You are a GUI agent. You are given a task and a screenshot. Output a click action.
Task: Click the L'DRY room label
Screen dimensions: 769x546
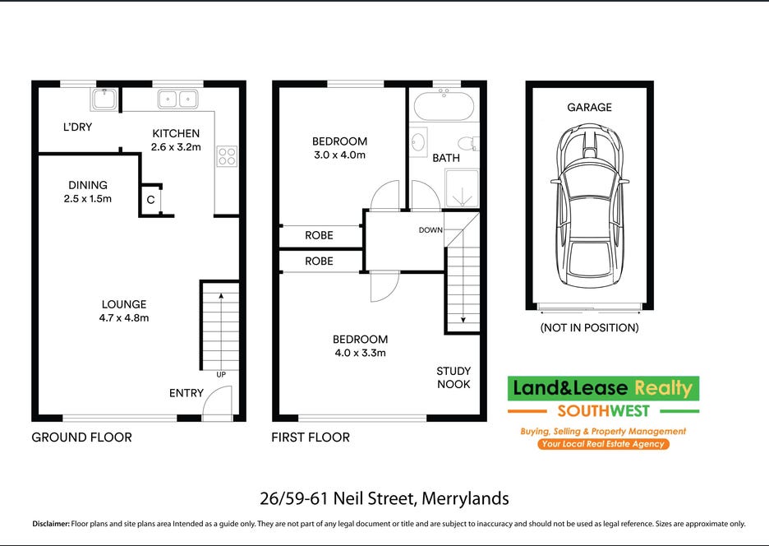77,127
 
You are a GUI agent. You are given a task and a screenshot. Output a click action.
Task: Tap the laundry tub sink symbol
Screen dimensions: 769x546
104,99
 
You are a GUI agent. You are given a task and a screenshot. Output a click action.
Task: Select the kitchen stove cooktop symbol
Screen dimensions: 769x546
227,156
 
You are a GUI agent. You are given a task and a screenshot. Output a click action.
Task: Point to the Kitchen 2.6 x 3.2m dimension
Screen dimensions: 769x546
176,147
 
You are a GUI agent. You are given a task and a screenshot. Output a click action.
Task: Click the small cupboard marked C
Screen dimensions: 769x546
151,200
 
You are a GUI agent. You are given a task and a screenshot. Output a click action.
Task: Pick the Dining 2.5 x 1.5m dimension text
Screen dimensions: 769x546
88,199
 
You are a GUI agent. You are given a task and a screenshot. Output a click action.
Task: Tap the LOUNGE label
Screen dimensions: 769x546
124,304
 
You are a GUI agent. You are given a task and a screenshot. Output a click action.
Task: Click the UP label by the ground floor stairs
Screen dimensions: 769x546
221,375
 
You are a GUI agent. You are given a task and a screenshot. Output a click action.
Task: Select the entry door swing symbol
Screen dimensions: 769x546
217,403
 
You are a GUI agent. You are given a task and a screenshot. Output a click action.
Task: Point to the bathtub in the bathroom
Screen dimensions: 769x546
444,105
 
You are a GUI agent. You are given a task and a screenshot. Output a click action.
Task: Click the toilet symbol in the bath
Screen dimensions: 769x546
467,144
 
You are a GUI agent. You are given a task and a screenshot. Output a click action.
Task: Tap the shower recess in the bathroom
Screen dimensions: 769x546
462,188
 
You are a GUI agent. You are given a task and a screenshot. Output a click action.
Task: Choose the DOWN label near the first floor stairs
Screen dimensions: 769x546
431,229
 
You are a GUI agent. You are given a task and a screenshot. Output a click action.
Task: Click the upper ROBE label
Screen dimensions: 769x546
320,235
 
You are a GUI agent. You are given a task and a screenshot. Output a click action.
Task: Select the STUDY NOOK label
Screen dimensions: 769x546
454,377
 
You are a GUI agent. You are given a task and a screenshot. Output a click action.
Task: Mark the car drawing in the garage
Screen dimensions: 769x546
590,206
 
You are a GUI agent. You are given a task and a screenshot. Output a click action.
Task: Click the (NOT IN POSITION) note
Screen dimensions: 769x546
590,327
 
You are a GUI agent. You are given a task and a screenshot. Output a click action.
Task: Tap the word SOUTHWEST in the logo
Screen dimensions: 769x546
603,411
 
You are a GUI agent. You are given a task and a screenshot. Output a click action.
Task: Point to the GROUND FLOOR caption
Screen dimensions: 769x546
82,437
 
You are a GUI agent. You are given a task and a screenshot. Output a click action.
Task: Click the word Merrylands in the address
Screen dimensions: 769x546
465,499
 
